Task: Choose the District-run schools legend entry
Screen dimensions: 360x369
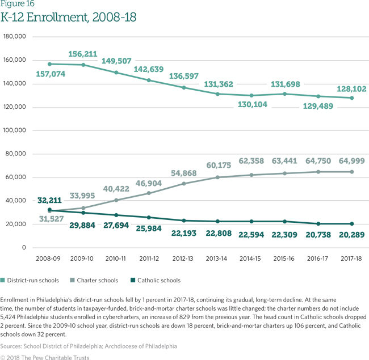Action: click(33, 280)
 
